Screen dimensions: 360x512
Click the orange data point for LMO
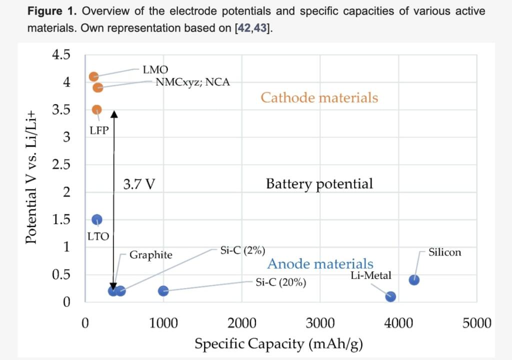93,76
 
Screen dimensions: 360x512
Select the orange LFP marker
97,109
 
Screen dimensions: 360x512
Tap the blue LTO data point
97,219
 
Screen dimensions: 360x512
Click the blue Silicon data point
414,280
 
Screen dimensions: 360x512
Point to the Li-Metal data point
390,296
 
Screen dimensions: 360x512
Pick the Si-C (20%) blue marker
163,291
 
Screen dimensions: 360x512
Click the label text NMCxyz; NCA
192,82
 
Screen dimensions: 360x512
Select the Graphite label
150,255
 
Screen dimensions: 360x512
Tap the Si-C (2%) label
242,250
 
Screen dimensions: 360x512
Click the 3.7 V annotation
139,184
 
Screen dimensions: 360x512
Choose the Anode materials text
320,263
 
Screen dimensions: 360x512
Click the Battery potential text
319,183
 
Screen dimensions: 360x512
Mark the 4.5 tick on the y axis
61,54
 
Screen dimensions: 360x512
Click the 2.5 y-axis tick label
61,164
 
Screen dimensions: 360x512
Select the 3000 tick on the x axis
320,323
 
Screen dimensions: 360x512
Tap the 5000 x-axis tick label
476,323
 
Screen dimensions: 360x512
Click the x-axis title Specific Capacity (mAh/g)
278,344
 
